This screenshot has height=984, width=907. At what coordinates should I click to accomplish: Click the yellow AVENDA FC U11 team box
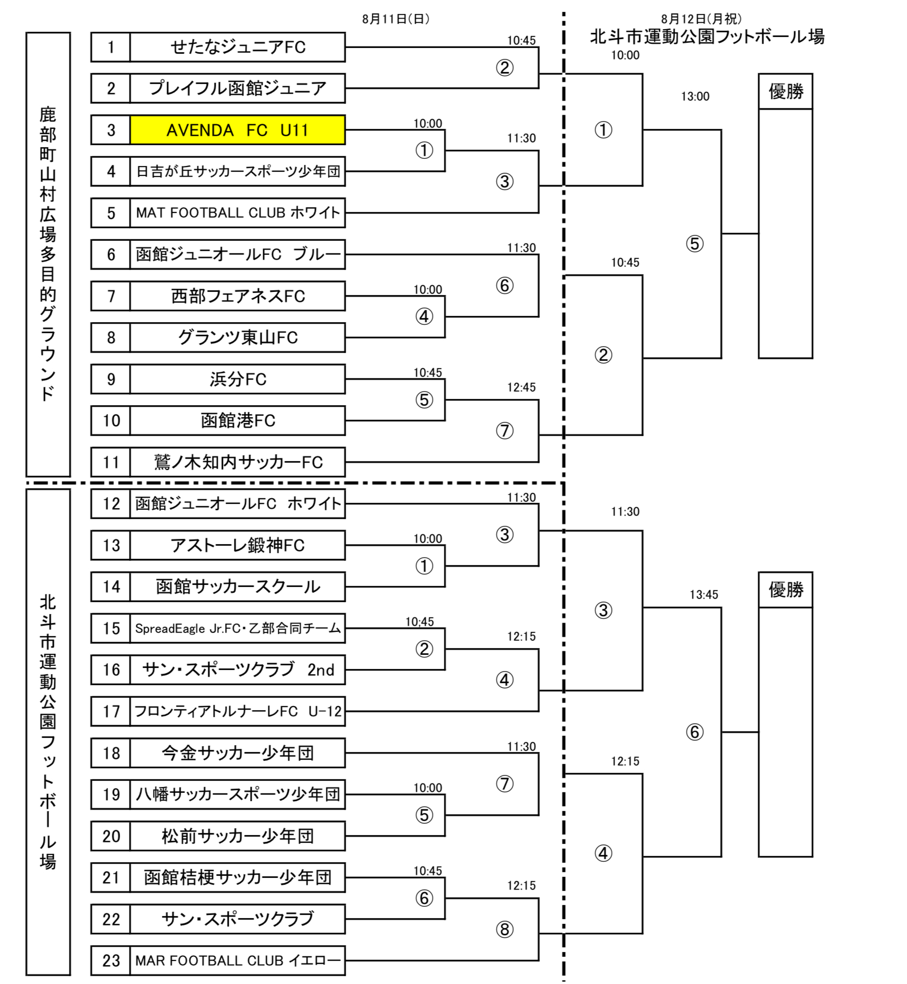click(x=237, y=130)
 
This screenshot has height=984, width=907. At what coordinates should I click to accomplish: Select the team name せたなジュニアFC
click(x=237, y=47)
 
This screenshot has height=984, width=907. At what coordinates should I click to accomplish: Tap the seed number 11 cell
click(x=111, y=462)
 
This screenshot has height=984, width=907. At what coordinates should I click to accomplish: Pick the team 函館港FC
click(x=237, y=420)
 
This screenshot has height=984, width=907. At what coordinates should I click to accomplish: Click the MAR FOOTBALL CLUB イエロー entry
click(x=237, y=960)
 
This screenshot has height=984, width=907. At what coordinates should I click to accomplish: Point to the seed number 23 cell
click(x=111, y=960)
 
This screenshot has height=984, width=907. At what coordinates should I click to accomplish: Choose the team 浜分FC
click(x=237, y=379)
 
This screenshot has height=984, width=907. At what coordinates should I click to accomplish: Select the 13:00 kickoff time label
click(x=695, y=97)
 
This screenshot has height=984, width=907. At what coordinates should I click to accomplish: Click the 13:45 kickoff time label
click(x=703, y=595)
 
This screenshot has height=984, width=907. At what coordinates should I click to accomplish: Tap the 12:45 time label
click(x=521, y=388)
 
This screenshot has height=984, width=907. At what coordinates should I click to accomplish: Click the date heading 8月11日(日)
click(x=396, y=19)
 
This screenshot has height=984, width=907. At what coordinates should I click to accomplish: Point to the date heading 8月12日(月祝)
click(x=701, y=19)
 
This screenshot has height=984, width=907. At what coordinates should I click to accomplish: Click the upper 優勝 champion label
click(x=785, y=92)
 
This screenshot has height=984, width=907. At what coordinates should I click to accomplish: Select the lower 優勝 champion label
click(x=785, y=590)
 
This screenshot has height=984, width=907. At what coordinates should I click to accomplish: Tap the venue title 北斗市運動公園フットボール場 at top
click(x=707, y=37)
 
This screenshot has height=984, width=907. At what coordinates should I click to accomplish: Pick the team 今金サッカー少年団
click(x=237, y=753)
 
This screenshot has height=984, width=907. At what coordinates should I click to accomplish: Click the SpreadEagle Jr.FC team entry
click(x=237, y=628)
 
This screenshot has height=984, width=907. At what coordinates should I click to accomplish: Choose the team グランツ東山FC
click(x=237, y=337)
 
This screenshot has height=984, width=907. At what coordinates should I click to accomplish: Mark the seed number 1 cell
click(x=111, y=47)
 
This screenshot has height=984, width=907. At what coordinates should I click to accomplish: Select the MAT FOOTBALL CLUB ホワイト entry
click(x=237, y=213)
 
